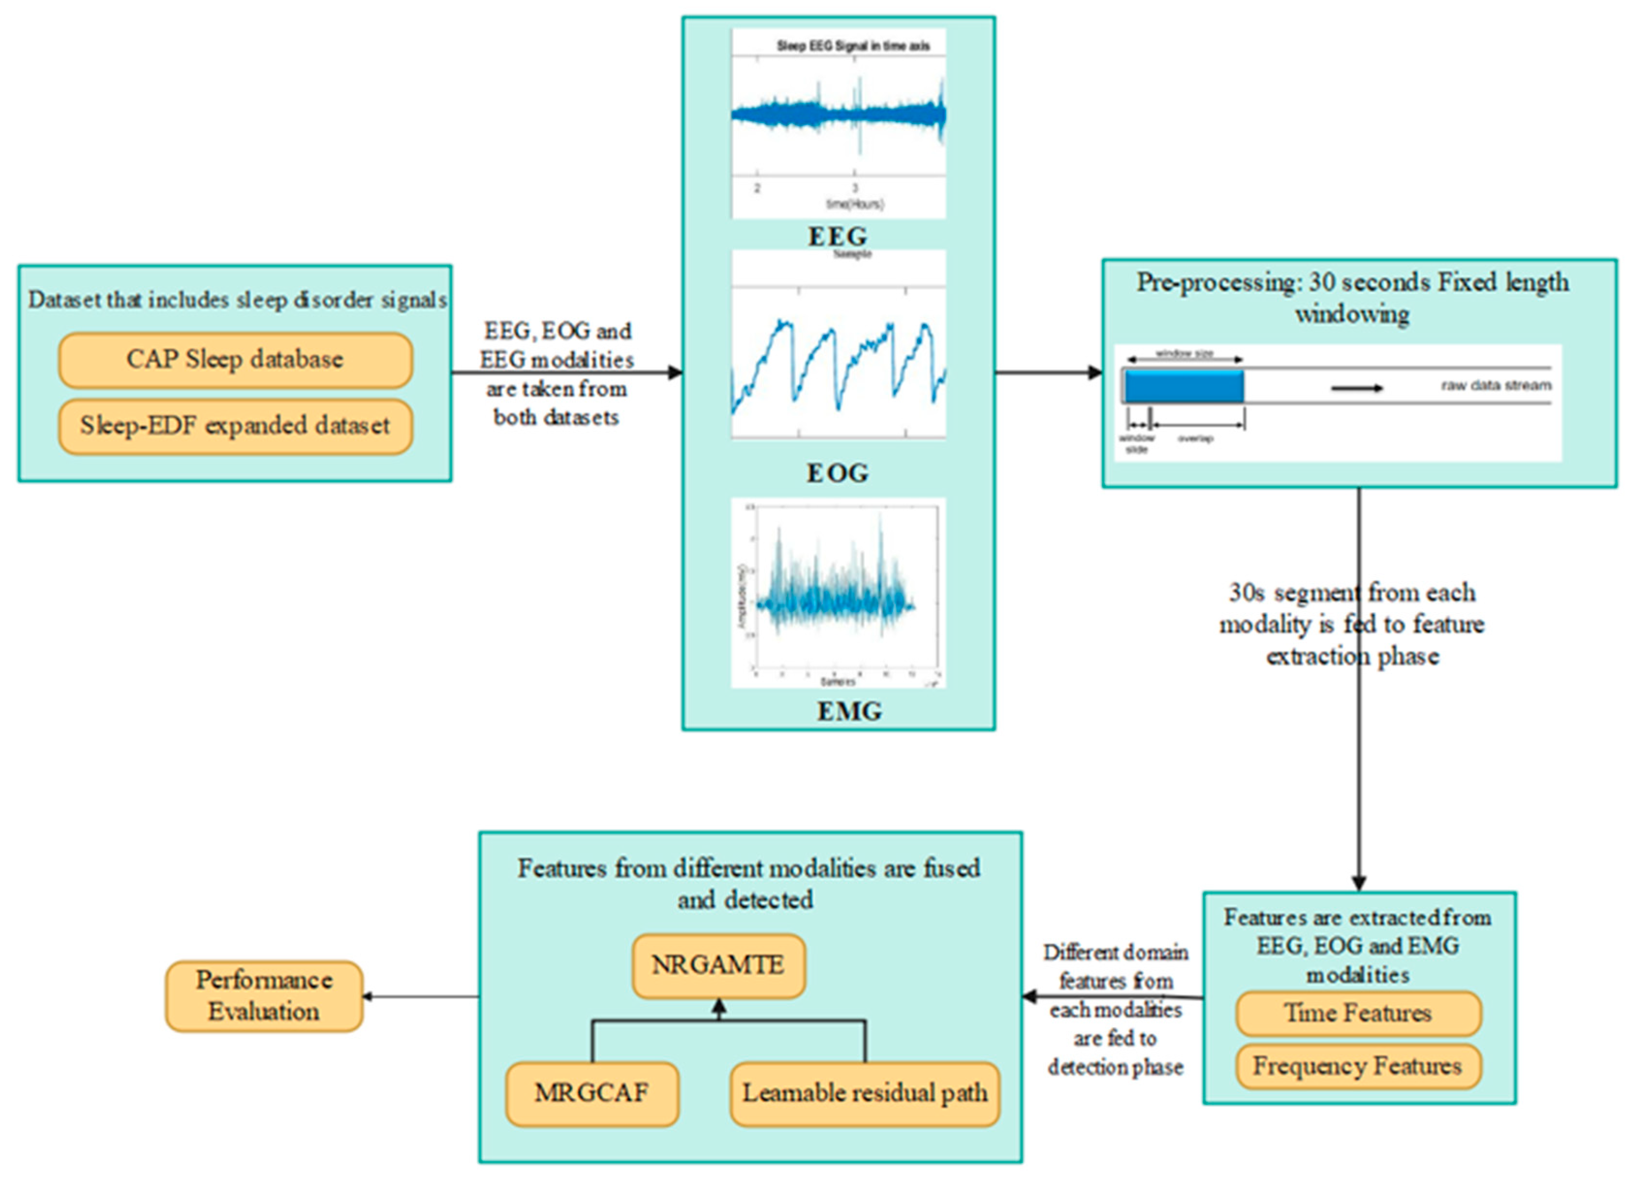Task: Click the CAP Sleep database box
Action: (x=235, y=360)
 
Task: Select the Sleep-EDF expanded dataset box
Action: (x=235, y=426)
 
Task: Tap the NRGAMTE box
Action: (x=718, y=965)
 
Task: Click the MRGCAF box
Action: (x=592, y=1093)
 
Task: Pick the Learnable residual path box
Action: (x=865, y=1093)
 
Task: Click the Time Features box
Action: (x=1358, y=1013)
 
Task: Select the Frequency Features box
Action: (x=1358, y=1066)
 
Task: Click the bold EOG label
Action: (x=837, y=473)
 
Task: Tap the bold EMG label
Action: (x=849, y=711)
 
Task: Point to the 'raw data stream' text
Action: (x=1495, y=385)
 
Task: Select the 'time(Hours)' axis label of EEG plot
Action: (x=855, y=204)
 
